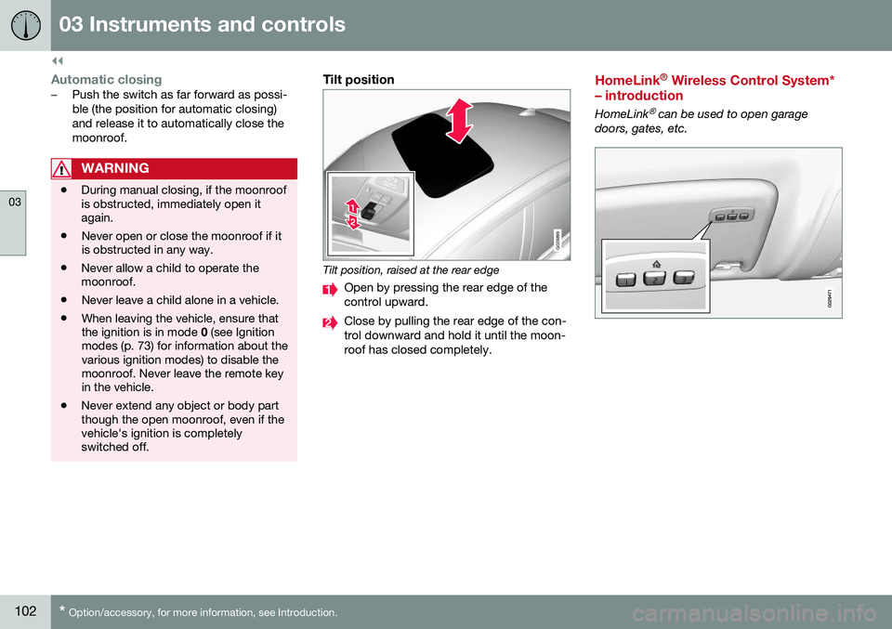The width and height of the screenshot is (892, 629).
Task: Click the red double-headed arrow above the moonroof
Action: [459, 121]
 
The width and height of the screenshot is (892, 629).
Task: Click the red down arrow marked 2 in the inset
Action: [353, 224]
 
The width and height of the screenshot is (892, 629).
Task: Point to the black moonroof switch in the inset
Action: [370, 210]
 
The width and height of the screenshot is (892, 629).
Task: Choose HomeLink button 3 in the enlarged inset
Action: [683, 278]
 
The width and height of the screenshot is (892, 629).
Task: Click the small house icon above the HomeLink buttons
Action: [655, 263]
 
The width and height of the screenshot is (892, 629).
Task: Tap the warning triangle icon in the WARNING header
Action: [63, 169]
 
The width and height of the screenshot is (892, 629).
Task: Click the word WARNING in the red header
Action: [115, 169]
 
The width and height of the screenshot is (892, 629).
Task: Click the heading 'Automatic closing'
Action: [106, 81]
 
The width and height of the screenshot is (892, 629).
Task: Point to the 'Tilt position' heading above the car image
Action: [358, 81]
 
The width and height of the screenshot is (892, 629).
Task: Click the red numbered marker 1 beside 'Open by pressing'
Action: [330, 290]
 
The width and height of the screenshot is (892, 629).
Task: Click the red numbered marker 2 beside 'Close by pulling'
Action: [330, 322]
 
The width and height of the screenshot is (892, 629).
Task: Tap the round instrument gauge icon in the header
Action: [24, 25]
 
